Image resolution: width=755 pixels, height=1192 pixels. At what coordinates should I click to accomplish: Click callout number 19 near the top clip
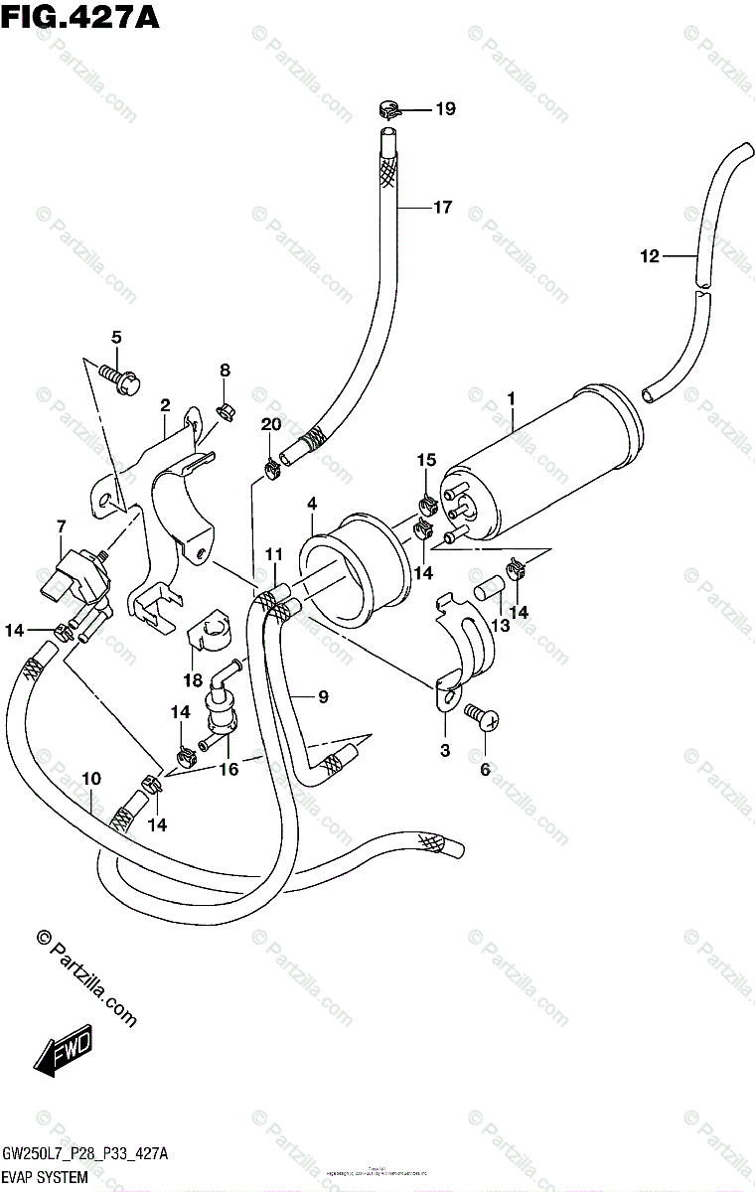point(444,109)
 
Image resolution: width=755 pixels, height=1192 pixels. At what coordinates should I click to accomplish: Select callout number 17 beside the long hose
point(442,208)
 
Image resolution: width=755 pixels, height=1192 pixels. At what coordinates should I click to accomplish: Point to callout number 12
point(650,256)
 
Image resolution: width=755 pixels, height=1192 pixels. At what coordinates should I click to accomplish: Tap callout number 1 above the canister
point(511,399)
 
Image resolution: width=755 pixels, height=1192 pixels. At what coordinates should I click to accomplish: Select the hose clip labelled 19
point(389,108)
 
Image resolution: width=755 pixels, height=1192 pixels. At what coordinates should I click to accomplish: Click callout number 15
point(426,460)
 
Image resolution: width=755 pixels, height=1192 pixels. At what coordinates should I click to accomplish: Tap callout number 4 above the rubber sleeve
point(312,505)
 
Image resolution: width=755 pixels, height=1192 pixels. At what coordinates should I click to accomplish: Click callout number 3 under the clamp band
point(444,750)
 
